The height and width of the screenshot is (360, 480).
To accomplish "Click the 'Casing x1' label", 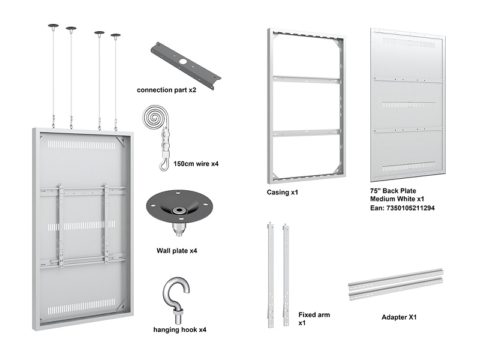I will coord(283,193).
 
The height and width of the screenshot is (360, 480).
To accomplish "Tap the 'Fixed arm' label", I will coord(314,314).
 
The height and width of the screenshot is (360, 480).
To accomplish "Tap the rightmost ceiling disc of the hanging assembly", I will coord(115,35).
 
